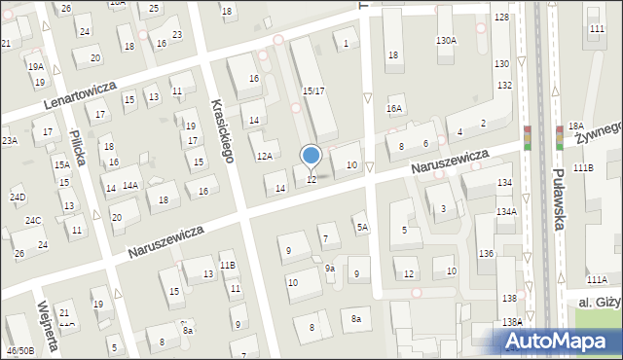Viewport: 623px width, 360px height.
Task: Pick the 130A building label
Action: (446, 41)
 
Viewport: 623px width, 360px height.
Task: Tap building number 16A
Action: (393, 108)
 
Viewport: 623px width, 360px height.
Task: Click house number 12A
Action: (264, 156)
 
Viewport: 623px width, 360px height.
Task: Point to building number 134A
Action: (505, 211)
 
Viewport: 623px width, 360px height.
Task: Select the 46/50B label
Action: (18, 349)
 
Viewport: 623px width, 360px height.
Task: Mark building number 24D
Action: (18, 198)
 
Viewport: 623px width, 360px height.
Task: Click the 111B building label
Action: (583, 168)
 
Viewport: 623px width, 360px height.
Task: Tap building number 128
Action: (501, 18)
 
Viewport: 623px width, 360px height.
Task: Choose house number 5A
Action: (362, 228)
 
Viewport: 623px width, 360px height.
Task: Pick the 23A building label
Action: (9, 141)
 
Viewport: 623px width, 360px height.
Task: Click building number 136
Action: (485, 254)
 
